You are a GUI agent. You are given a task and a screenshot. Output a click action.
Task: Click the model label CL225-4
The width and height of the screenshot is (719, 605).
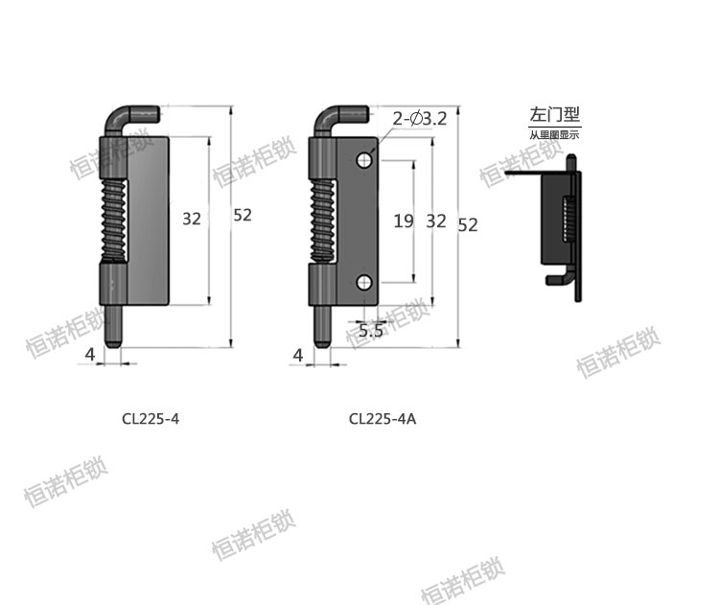pyautogui.click(x=151, y=418)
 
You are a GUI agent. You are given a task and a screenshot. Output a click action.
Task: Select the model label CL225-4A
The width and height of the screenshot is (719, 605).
pyautogui.click(x=383, y=418)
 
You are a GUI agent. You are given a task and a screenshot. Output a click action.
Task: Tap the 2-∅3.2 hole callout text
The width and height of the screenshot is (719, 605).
pyautogui.click(x=419, y=119)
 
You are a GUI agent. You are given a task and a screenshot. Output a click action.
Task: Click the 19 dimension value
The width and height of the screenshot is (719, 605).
pyautogui.click(x=404, y=221)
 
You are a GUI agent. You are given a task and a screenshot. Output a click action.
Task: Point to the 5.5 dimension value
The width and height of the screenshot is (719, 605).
pyautogui.click(x=371, y=331)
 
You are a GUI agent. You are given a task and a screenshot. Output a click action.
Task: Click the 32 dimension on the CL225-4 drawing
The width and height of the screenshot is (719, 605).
pyautogui.click(x=192, y=219)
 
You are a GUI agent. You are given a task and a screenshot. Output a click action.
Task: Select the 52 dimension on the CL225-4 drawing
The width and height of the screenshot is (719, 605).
pyautogui.click(x=242, y=216)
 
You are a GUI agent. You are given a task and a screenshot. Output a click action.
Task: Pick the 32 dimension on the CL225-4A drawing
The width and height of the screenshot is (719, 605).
pyautogui.click(x=436, y=221)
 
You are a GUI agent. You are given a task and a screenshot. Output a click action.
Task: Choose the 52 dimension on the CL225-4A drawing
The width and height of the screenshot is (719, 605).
pyautogui.click(x=468, y=224)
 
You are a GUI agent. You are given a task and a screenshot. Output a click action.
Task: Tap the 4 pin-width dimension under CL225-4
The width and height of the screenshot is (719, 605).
pyautogui.click(x=90, y=355)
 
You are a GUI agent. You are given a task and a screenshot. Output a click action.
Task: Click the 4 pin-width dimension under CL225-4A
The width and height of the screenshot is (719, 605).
pyautogui.click(x=297, y=356)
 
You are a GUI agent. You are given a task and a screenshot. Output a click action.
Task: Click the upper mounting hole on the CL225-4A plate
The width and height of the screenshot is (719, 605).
pyautogui.click(x=365, y=160)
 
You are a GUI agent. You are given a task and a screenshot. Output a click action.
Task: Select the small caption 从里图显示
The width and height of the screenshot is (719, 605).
pyautogui.click(x=554, y=134)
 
